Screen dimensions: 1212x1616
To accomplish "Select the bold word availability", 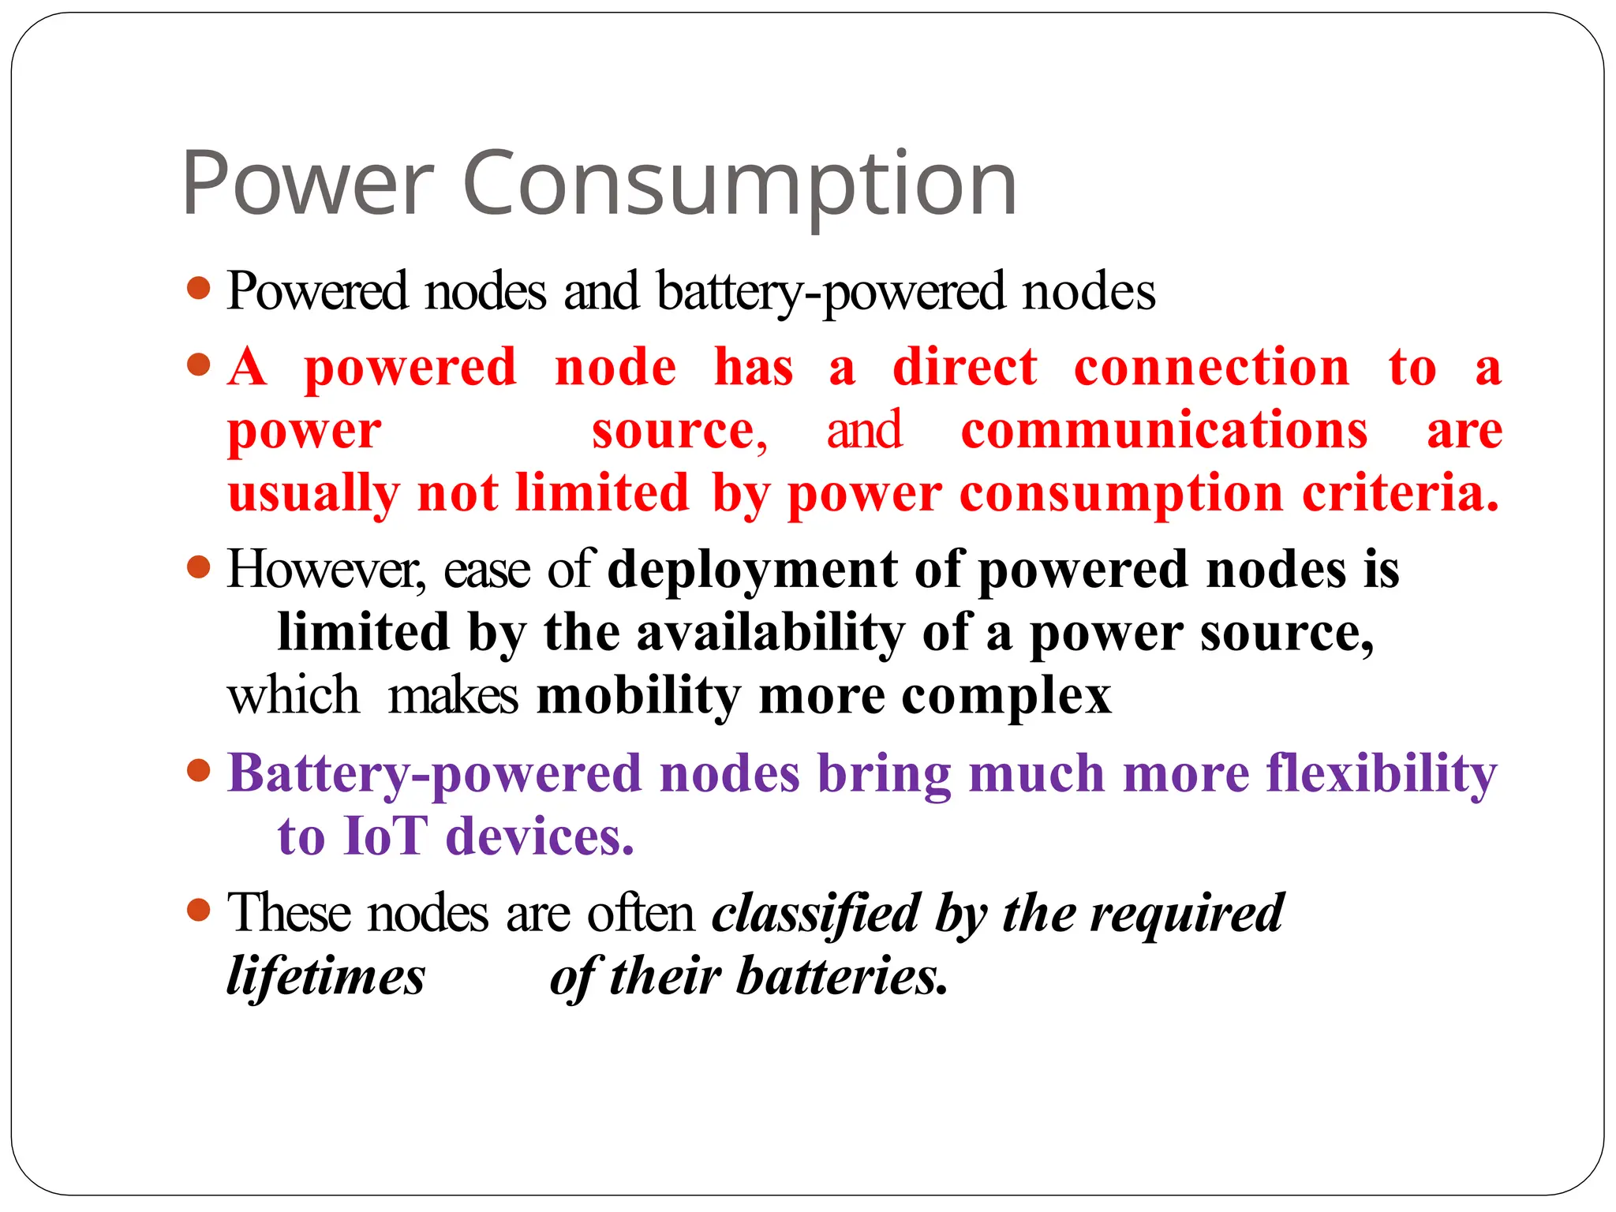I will click(770, 632).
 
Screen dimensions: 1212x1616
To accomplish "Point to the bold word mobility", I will click(638, 695).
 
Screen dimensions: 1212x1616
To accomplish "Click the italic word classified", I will click(816, 913).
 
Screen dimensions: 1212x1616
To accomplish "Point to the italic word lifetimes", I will click(326, 976).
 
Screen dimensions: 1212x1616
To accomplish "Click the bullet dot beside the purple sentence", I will click(199, 770).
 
